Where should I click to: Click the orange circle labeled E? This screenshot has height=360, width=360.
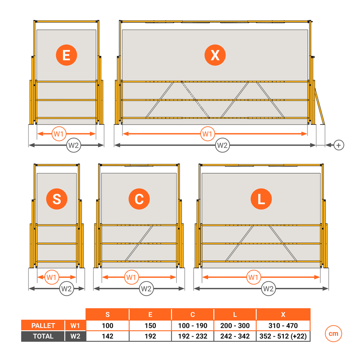coord(66,55)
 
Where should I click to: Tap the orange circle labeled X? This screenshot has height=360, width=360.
coord(215,55)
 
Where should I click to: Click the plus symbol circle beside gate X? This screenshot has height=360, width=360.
coord(338,145)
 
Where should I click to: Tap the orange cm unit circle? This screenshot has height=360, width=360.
coord(333,334)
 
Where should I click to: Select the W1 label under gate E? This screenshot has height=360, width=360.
coord(59,134)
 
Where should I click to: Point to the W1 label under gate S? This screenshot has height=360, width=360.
coord(52,277)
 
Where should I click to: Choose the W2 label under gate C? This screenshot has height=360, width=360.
coord(146,289)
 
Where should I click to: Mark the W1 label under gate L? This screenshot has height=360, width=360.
coord(253,277)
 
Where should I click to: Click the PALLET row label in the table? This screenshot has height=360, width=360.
coord(43,326)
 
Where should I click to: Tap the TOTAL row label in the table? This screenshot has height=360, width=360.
coord(43,336)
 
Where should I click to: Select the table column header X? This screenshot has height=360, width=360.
coord(283,314)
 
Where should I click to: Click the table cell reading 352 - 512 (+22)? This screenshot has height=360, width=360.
coord(283,336)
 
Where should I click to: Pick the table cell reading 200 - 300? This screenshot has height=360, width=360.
coord(235,326)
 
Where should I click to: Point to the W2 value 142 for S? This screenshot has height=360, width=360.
coord(108,336)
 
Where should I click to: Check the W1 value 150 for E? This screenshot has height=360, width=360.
coord(150,326)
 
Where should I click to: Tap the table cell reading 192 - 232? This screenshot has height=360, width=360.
coord(193,336)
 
